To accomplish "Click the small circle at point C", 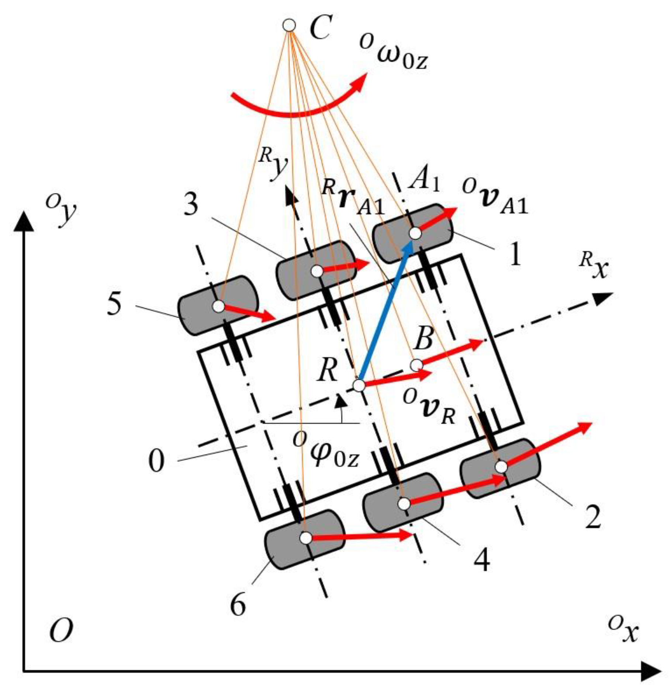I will [x=289, y=25].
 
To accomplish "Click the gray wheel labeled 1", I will [x=413, y=234].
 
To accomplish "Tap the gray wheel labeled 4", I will [x=403, y=503].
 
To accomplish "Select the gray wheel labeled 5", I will [x=218, y=306].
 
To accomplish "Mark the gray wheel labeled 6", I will [x=305, y=539].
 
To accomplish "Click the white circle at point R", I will [x=359, y=385].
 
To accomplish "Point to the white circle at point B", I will [x=417, y=365].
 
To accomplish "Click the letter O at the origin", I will [x=61, y=630].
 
